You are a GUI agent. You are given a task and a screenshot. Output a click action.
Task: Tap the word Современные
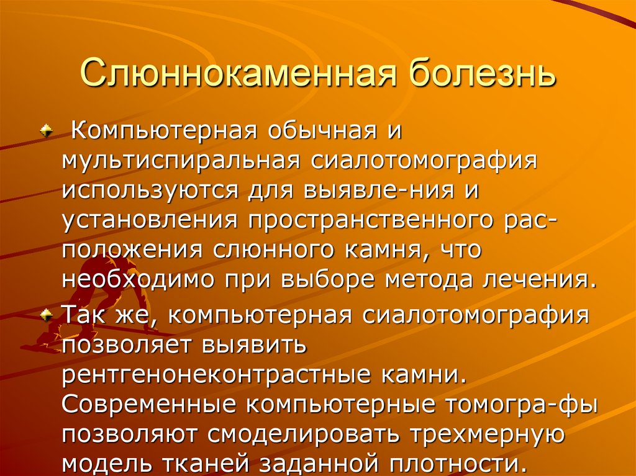(148, 403)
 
